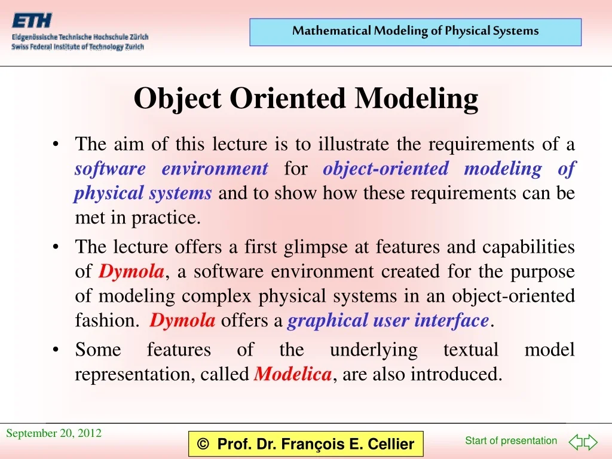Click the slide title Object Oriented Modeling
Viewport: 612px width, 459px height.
305,99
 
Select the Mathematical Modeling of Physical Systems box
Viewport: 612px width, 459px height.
415,32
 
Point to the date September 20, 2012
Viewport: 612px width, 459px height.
54,433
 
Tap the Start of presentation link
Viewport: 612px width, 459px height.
511,440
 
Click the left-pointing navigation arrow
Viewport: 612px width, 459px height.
575,442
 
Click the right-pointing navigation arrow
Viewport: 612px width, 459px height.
590,442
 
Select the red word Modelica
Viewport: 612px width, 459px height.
293,375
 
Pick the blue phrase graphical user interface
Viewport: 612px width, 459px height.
388,321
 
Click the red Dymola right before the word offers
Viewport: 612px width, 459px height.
182,321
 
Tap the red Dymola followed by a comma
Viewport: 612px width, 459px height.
131,272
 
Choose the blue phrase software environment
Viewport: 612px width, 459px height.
171,169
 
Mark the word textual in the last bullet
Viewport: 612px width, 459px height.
470,350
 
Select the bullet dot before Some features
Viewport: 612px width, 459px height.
56,350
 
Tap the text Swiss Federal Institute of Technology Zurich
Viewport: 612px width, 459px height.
78,47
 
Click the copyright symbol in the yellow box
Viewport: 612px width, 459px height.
203,444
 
